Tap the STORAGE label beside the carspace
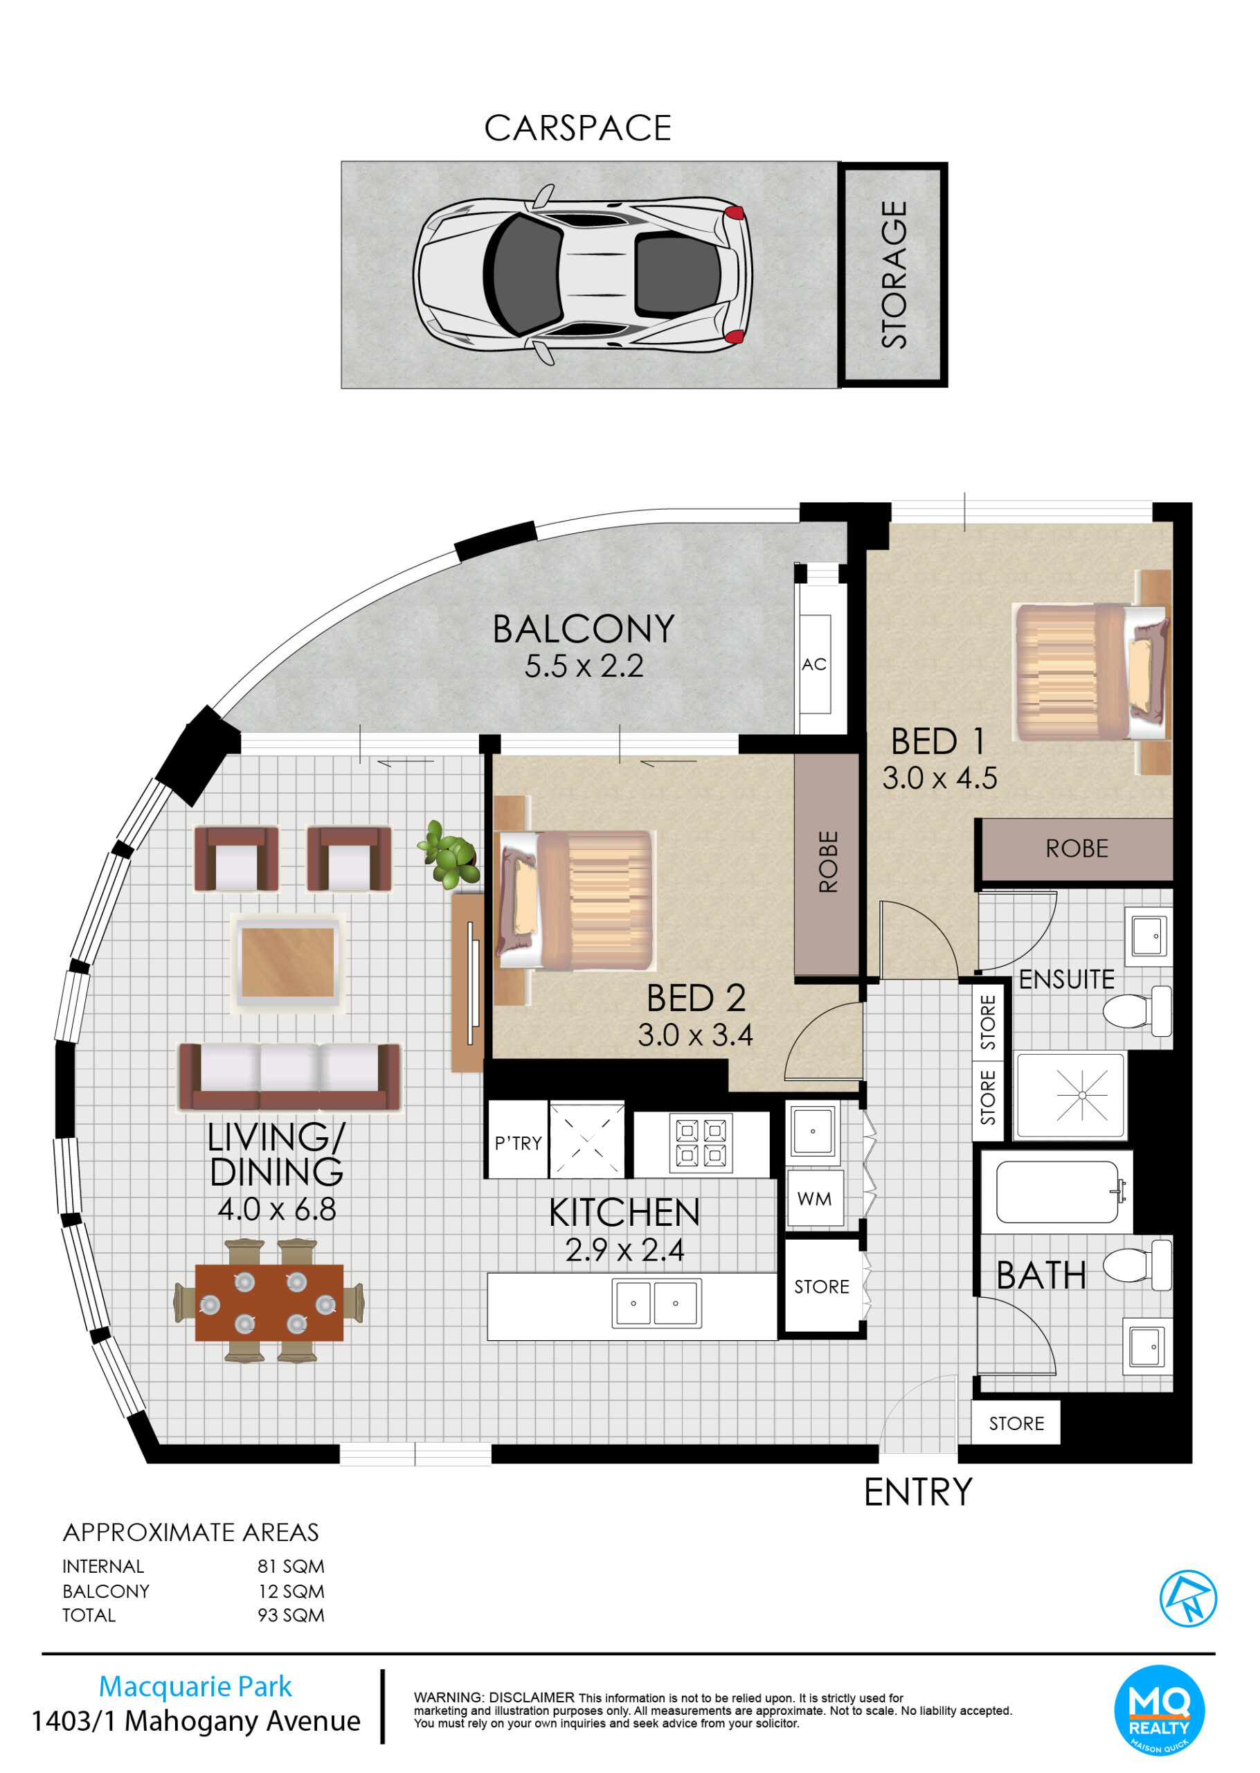point(894,275)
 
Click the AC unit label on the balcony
point(814,664)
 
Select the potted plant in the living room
point(449,855)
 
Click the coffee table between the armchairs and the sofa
point(288,963)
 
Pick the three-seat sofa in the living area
point(289,1076)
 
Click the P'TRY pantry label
point(519,1143)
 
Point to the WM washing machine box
point(814,1199)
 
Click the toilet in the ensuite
point(1137,1011)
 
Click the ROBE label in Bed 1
point(1077,849)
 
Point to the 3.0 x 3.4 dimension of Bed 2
point(695,1035)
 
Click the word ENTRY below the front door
point(919,1491)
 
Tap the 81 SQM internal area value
point(291,1567)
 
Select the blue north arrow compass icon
point(1188,1598)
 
